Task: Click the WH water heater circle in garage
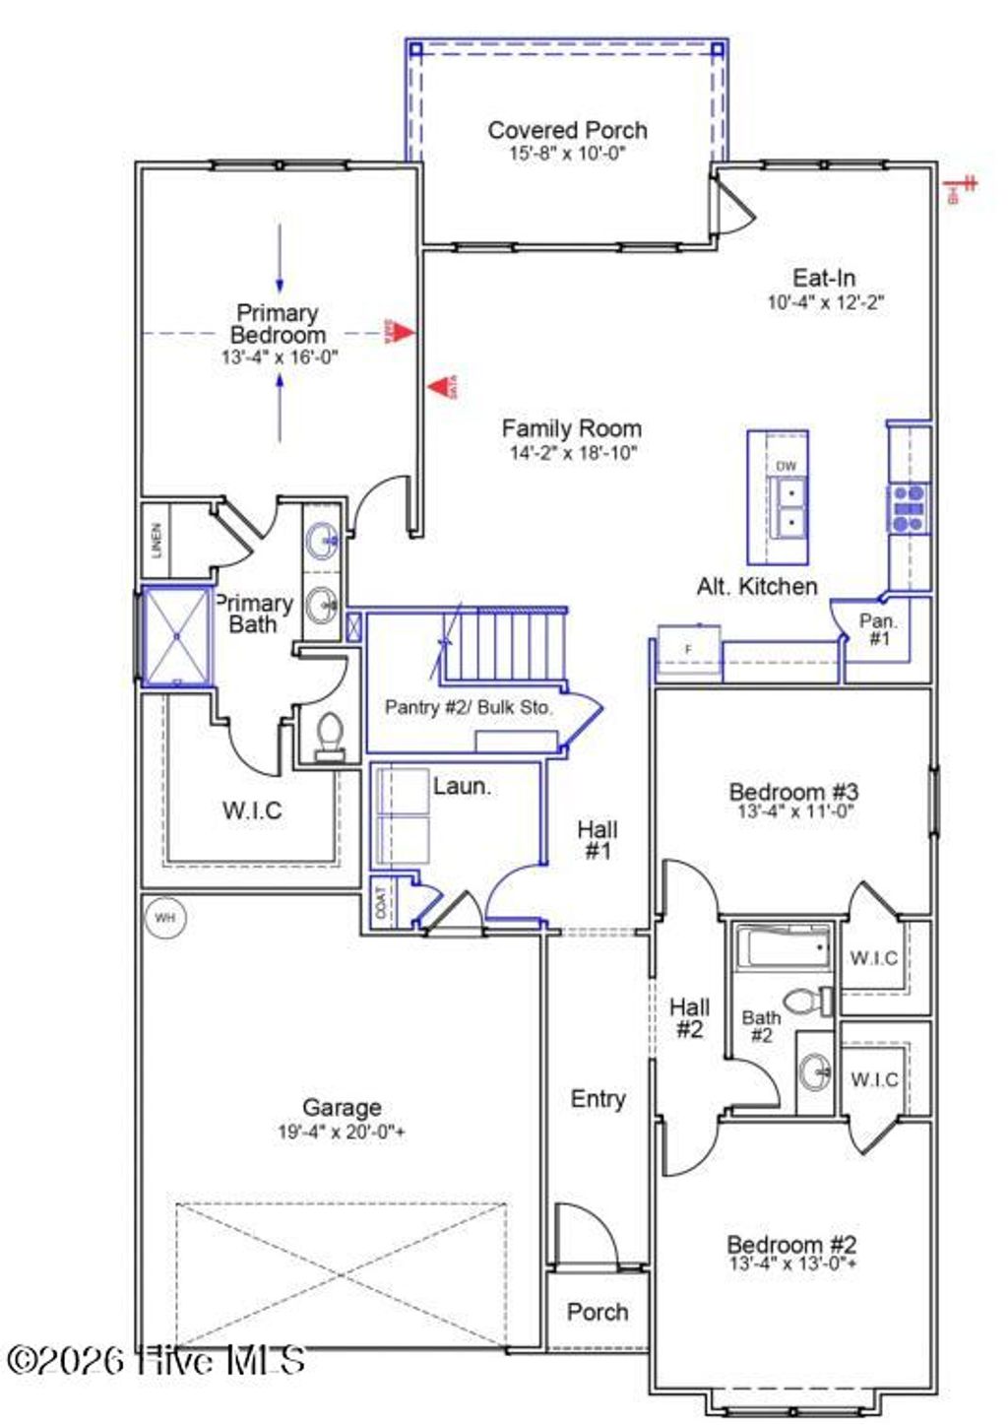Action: (x=164, y=918)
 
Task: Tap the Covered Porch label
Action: (x=567, y=130)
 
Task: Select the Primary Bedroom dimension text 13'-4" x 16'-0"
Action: (x=280, y=357)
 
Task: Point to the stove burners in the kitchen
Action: (x=908, y=508)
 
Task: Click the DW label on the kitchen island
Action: (x=786, y=466)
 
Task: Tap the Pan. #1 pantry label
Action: (x=878, y=629)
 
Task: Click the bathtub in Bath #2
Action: (x=785, y=948)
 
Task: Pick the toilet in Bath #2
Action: (x=812, y=1002)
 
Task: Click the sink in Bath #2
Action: (x=815, y=1071)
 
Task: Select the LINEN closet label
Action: (x=157, y=540)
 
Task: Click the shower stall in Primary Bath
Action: (x=177, y=636)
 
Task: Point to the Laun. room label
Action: (x=462, y=786)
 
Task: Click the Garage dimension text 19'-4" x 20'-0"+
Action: (x=341, y=1133)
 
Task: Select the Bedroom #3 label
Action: (x=793, y=791)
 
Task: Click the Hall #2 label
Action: (x=689, y=1018)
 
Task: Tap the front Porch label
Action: (x=597, y=1312)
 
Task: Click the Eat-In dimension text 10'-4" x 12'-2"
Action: (x=825, y=302)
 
